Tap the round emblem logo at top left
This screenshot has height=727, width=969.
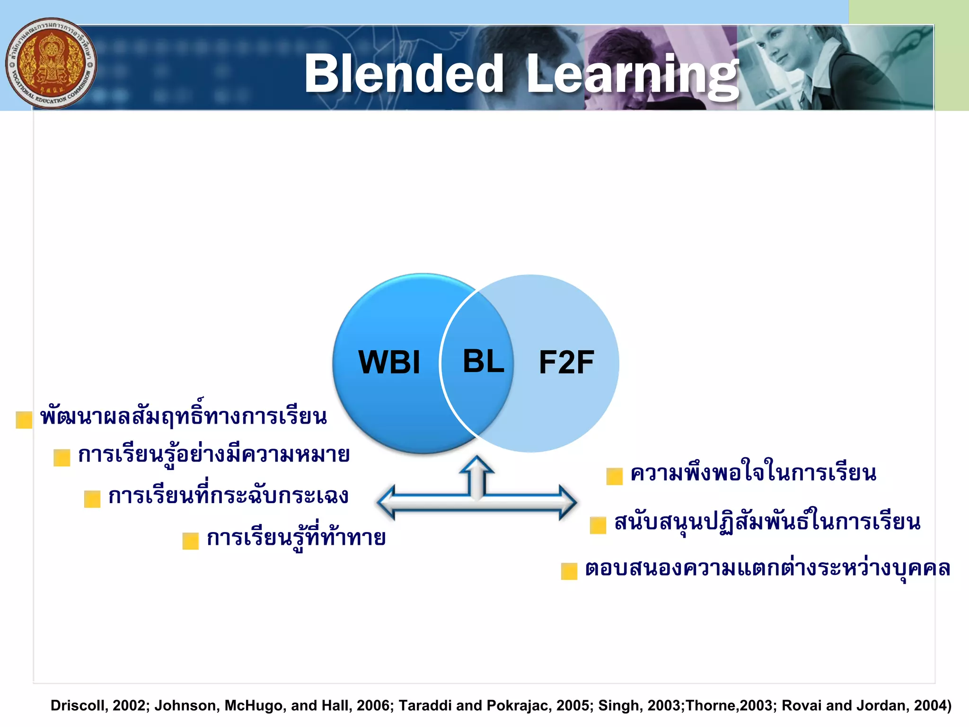(51, 63)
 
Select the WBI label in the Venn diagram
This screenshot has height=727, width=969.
(389, 363)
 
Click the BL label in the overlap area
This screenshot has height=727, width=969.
(483, 362)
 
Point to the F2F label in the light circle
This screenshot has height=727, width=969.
(566, 363)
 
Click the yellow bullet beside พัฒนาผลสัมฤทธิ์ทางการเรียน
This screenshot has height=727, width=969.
(24, 420)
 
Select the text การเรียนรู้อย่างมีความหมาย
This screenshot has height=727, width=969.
(214, 455)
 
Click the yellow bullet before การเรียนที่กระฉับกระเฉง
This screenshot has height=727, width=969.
(92, 499)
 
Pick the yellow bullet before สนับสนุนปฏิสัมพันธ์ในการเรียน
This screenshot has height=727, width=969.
(598, 525)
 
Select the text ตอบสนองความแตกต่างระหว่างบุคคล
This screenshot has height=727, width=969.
(767, 568)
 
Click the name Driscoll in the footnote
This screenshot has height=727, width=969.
(77, 706)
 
